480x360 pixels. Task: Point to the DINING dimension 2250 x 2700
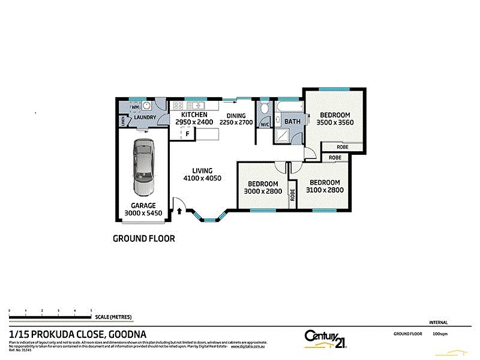(236, 122)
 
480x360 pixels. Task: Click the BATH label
(292, 122)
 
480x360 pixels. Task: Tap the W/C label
(265, 125)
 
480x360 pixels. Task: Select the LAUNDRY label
(145, 118)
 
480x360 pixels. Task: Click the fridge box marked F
(188, 133)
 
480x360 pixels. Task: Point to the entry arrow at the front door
(179, 211)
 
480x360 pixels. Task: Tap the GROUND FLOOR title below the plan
(144, 238)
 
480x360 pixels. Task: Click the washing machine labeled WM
(135, 107)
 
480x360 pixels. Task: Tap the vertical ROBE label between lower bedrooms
(293, 194)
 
